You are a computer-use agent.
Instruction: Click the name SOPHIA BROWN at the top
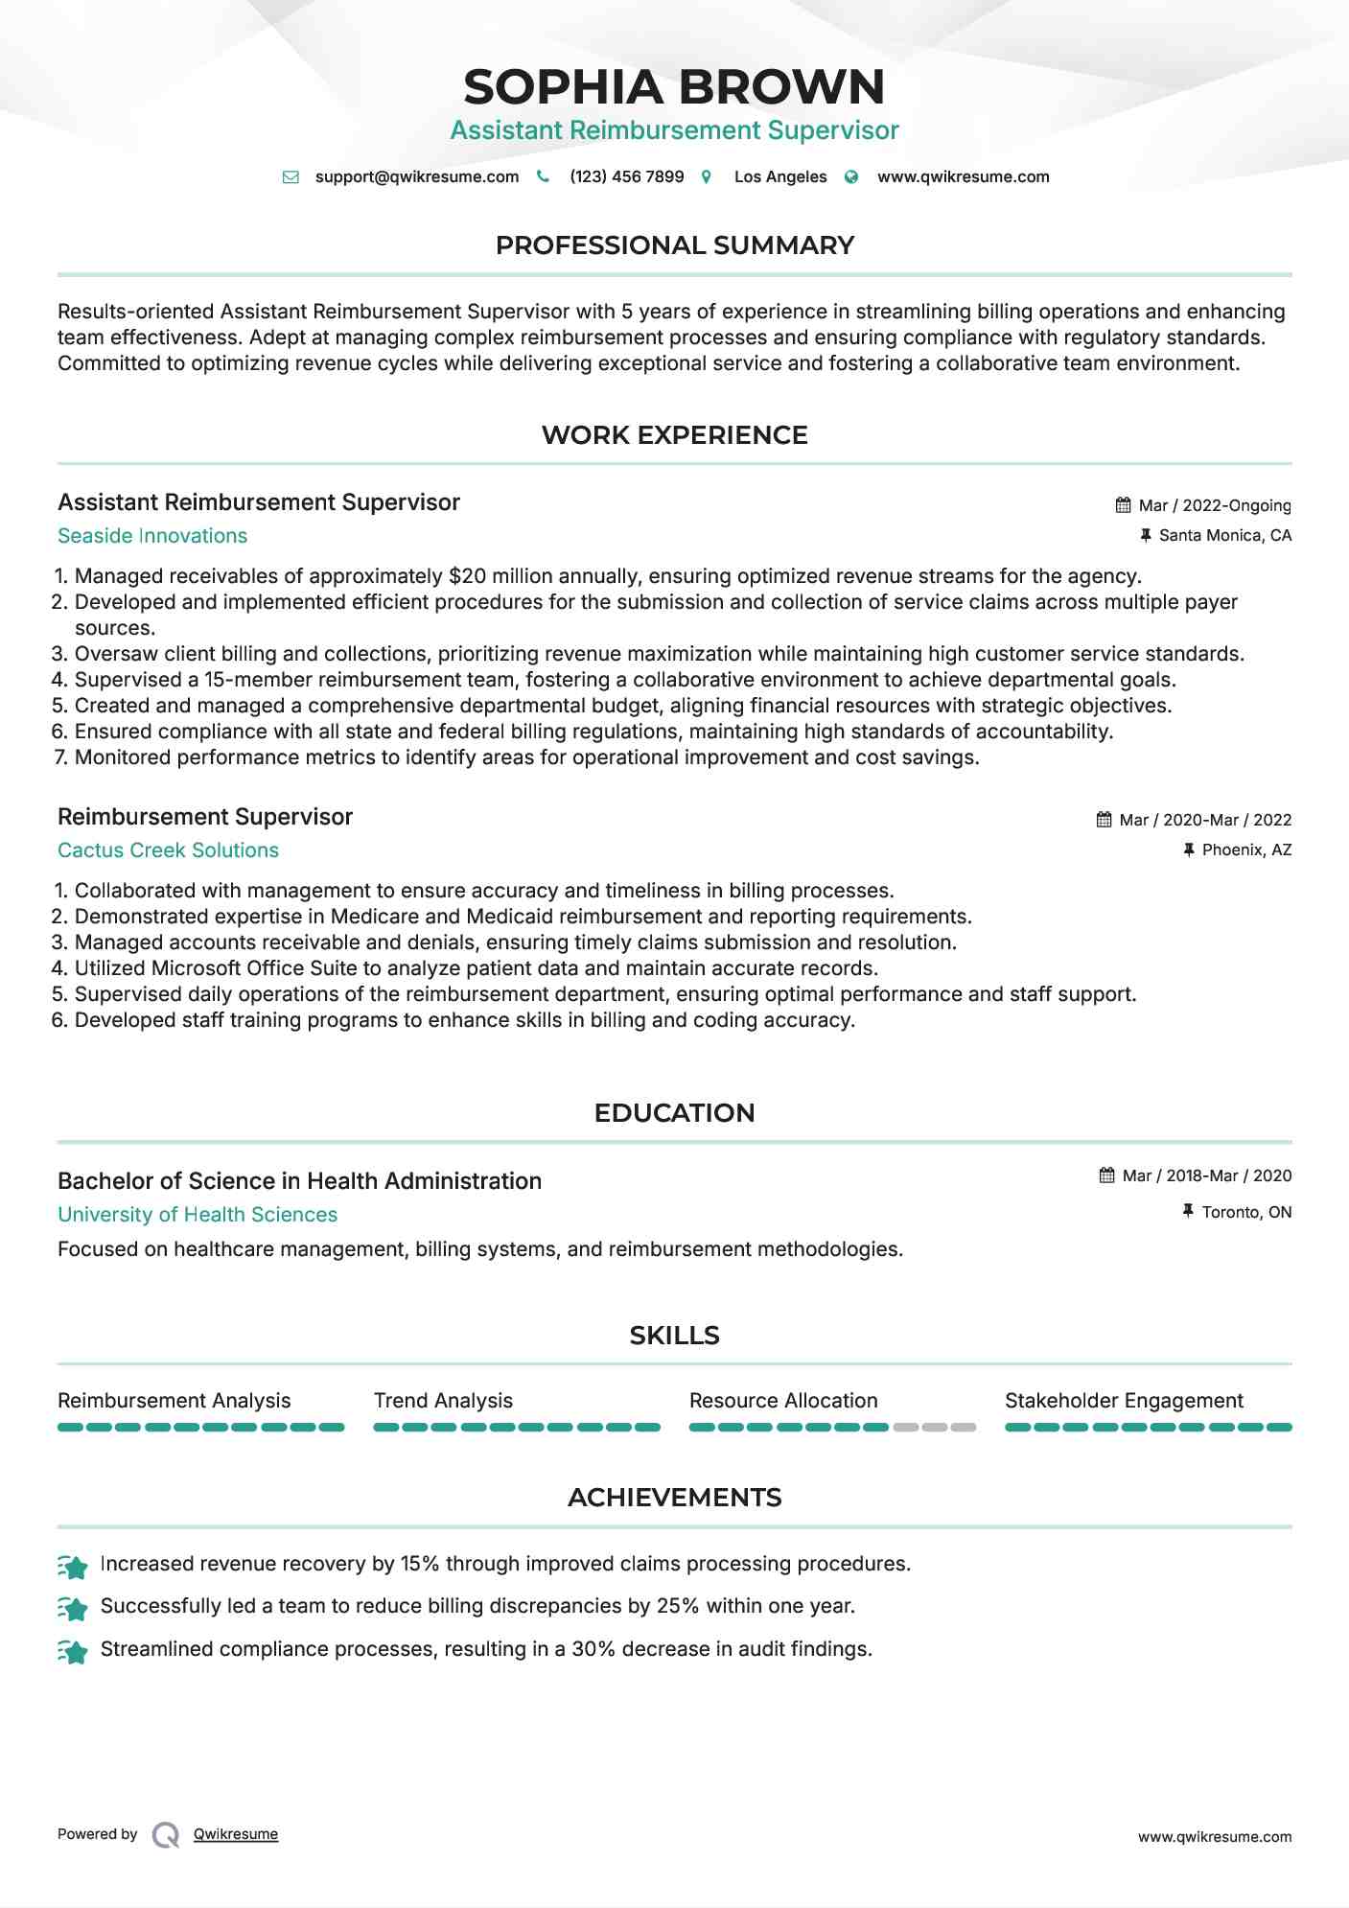click(x=674, y=87)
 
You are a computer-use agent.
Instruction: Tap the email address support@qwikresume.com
click(x=416, y=176)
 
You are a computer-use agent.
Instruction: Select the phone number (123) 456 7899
click(x=626, y=176)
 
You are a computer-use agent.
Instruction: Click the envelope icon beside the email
click(x=291, y=176)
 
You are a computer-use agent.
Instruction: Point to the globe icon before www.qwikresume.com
click(x=851, y=176)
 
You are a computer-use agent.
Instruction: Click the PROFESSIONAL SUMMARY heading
click(x=674, y=245)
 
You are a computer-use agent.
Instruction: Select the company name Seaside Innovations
click(x=152, y=536)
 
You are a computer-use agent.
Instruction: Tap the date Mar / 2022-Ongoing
click(x=1214, y=505)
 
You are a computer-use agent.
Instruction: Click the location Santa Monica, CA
click(x=1224, y=535)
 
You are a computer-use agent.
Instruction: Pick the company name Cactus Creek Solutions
click(x=168, y=850)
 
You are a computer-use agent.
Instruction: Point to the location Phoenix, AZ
click(x=1246, y=849)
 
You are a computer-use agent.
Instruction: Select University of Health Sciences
click(x=198, y=1215)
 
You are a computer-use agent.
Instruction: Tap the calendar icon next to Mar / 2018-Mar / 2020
click(x=1106, y=1175)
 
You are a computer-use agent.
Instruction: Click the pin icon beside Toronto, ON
click(x=1189, y=1212)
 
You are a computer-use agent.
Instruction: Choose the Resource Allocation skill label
click(x=783, y=1401)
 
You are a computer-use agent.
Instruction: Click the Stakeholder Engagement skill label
click(x=1124, y=1401)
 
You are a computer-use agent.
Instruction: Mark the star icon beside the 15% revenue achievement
click(x=73, y=1566)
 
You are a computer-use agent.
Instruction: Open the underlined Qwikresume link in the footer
click(x=236, y=1834)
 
